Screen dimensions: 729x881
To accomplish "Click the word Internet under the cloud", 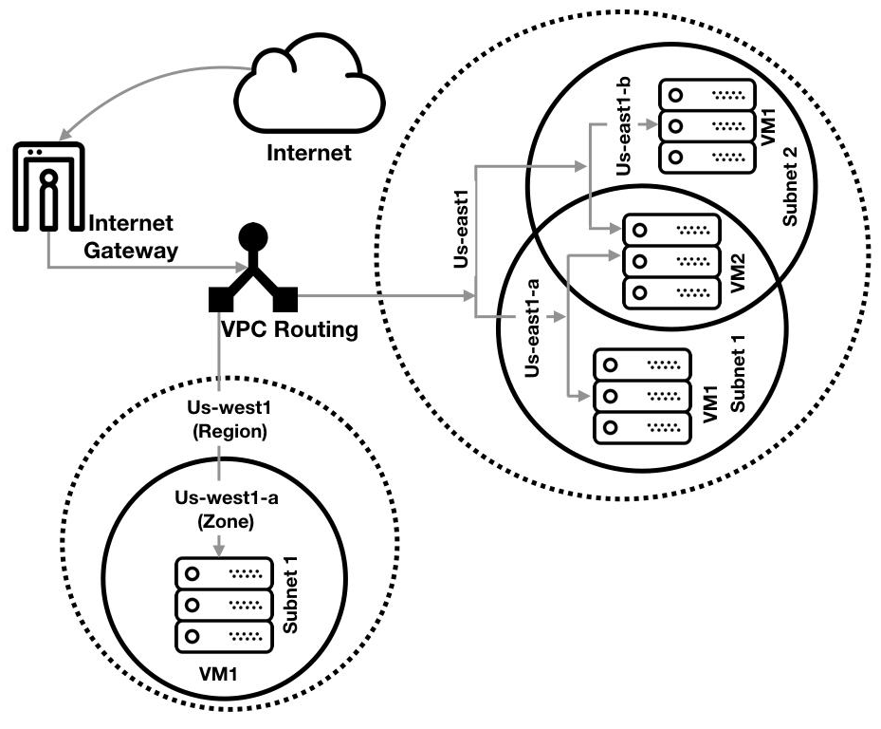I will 308,152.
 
